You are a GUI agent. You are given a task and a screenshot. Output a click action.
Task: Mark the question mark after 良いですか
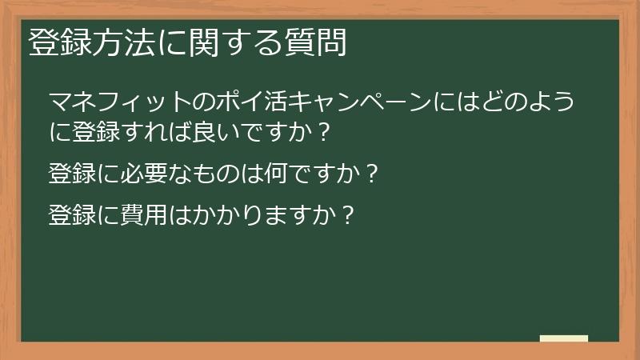point(322,130)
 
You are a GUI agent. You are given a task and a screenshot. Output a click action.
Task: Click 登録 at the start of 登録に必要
point(73,173)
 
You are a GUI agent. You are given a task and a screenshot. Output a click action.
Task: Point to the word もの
point(215,173)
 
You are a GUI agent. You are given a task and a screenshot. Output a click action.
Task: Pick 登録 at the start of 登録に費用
point(73,214)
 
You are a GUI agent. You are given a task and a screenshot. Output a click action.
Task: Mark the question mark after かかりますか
point(346,214)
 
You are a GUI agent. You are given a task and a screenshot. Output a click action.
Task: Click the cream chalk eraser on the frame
point(563,338)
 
